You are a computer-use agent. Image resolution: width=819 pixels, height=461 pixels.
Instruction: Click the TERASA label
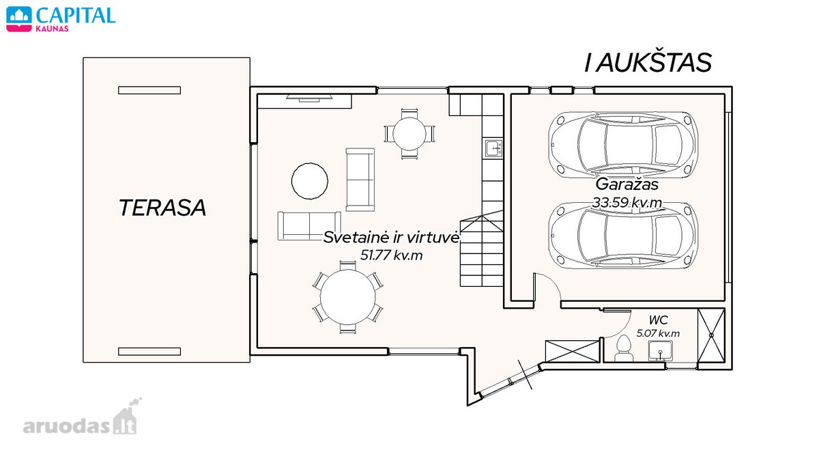[x=162, y=208]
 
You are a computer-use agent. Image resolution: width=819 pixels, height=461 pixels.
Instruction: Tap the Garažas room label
[x=627, y=184]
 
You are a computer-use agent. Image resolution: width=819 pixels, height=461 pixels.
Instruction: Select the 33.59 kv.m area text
[x=627, y=202]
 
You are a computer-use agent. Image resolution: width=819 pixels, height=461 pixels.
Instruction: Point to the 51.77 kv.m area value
[x=391, y=255]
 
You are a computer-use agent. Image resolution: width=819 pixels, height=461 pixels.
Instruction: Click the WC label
[x=658, y=320]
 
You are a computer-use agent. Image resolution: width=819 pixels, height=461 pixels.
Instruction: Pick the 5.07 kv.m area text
[x=658, y=333]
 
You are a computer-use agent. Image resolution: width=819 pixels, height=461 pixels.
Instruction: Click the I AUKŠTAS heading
[x=648, y=63]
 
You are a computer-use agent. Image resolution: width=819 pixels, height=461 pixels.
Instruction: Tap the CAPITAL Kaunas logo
[x=61, y=19]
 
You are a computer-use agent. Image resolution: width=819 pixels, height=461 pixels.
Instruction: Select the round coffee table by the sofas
[x=310, y=181]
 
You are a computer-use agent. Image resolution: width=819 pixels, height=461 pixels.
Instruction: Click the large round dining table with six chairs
[x=347, y=297]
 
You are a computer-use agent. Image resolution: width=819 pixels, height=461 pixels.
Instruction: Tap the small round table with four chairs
[x=409, y=134]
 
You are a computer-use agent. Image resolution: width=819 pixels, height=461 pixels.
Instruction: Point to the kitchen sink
[x=493, y=148]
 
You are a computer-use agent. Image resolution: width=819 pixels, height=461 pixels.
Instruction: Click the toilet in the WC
[x=623, y=348]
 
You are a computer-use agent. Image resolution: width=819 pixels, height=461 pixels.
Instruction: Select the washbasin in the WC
[x=661, y=350]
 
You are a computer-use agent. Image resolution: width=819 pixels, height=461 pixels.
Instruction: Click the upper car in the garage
[x=622, y=145]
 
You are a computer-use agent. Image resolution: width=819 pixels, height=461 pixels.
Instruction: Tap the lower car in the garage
[x=622, y=235]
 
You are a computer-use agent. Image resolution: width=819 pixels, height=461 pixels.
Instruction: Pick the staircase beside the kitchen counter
[x=482, y=249]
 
